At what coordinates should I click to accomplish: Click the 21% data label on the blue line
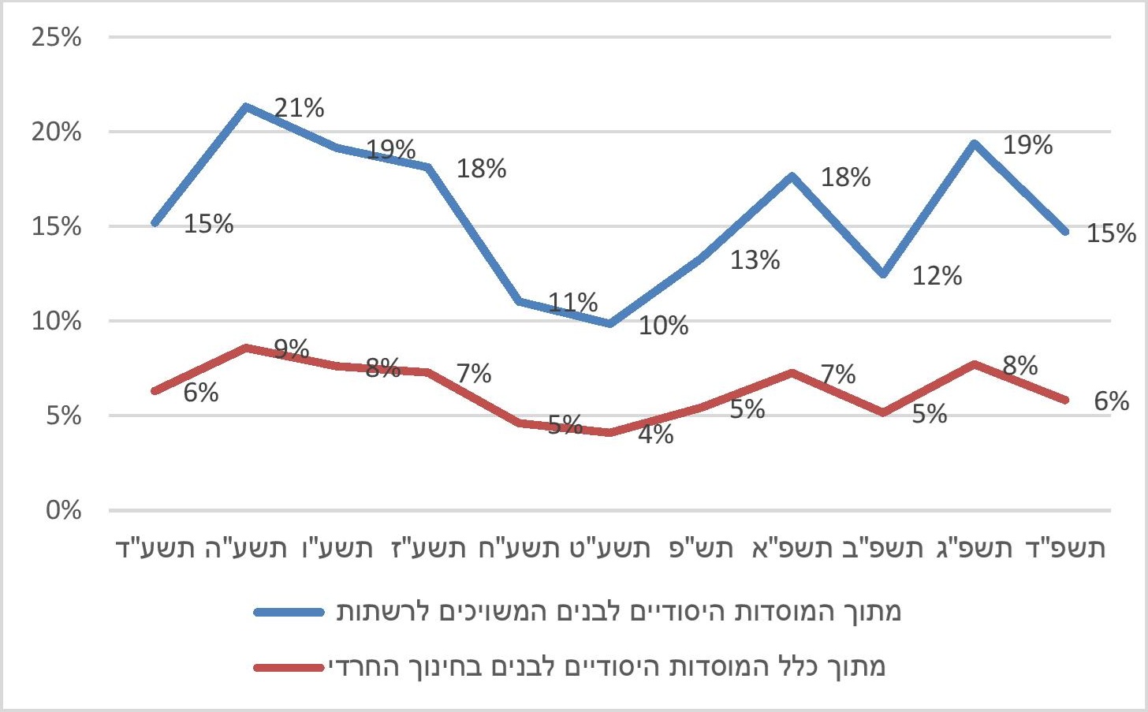click(x=299, y=108)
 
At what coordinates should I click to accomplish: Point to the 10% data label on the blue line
click(x=663, y=325)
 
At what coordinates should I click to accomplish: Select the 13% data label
click(x=755, y=259)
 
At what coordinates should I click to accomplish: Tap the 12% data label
click(x=937, y=276)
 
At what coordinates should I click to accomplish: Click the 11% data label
click(x=573, y=302)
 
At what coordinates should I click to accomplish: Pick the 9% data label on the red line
click(x=292, y=349)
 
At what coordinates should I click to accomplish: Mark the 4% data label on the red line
click(x=656, y=434)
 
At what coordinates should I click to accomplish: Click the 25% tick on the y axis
click(x=57, y=37)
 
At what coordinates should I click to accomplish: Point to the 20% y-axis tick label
click(x=57, y=132)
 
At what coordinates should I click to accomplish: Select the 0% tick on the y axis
click(x=63, y=510)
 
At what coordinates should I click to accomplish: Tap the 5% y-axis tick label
click(x=63, y=416)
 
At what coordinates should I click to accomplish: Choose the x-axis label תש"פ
click(x=701, y=548)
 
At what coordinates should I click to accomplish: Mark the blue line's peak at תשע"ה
click(x=247, y=106)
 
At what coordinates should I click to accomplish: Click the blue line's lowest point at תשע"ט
click(x=610, y=323)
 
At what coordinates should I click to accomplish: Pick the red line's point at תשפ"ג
click(x=975, y=364)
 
